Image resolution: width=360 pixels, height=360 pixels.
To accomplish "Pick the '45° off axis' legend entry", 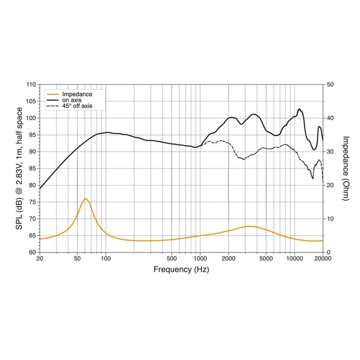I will point(77,106).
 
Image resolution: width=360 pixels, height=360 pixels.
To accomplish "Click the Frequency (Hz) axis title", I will point(181,269).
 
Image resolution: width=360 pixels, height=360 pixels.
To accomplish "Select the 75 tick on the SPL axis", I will point(31,202).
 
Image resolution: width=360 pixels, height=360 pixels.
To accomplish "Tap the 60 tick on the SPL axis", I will point(31,252).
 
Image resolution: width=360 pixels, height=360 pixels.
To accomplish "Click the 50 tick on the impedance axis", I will point(330,84).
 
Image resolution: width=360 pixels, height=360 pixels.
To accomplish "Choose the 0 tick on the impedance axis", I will point(328,252).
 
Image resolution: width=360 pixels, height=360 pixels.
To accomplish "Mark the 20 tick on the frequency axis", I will point(39,259).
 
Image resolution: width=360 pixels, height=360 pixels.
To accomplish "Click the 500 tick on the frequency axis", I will point(172,259).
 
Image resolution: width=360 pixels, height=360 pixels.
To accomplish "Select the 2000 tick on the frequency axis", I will point(228,259).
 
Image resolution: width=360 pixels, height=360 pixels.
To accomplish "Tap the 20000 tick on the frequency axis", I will point(322,259).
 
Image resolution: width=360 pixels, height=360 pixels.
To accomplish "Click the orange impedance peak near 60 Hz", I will point(85,199).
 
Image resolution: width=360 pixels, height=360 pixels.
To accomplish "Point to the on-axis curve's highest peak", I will point(299,109).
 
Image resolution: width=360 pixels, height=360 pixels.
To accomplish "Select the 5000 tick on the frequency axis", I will point(266,259).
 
